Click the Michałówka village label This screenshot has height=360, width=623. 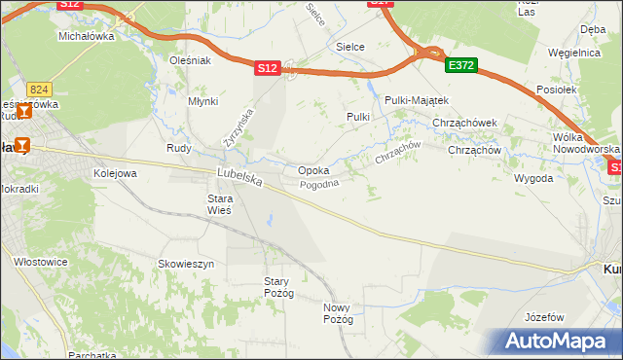click(x=87, y=35)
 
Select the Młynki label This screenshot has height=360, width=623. click(x=203, y=100)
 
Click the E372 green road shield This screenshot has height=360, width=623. click(x=460, y=65)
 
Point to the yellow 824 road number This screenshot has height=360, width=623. click(x=38, y=88)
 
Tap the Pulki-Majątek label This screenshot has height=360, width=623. click(x=416, y=100)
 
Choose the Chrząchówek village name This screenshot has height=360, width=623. click(x=465, y=123)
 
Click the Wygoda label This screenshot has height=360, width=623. click(x=532, y=179)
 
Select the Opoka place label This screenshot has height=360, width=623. click(x=312, y=170)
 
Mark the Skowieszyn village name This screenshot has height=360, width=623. click(x=186, y=264)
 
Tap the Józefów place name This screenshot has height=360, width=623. click(x=544, y=317)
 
